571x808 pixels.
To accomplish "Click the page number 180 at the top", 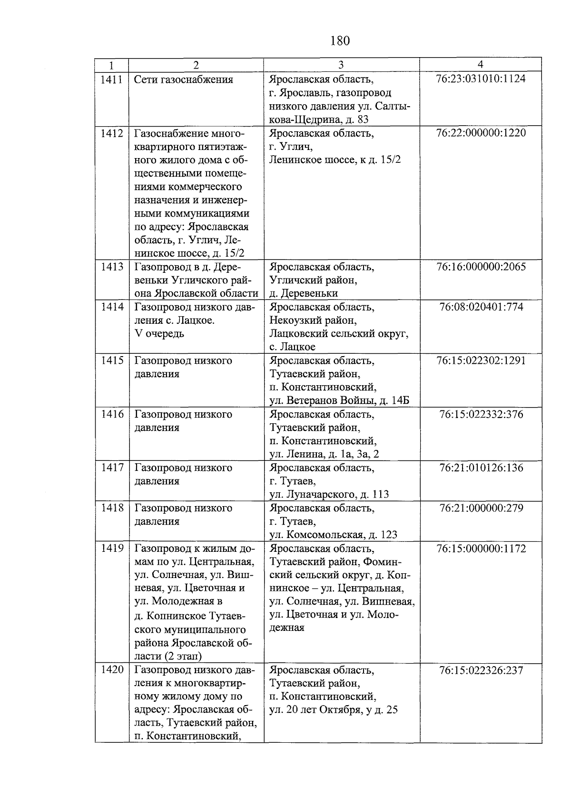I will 340,41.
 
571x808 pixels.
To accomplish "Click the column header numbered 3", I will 341,65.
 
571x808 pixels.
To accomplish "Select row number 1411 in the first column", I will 111,80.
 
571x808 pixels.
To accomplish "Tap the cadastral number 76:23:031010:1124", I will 481,79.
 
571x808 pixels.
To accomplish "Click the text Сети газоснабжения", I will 184,80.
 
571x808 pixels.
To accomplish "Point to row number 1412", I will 111,133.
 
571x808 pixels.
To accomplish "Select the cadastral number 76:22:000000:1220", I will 481,133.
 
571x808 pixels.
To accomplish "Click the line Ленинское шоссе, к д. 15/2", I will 335,160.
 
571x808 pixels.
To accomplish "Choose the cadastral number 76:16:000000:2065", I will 481,267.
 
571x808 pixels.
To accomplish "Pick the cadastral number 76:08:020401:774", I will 481,307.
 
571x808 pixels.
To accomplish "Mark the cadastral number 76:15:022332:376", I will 481,414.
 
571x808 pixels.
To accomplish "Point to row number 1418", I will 111,508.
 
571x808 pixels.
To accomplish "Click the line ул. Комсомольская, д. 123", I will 333,535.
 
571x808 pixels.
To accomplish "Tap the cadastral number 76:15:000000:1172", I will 481,549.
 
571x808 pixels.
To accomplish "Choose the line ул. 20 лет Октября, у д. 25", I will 334,710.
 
